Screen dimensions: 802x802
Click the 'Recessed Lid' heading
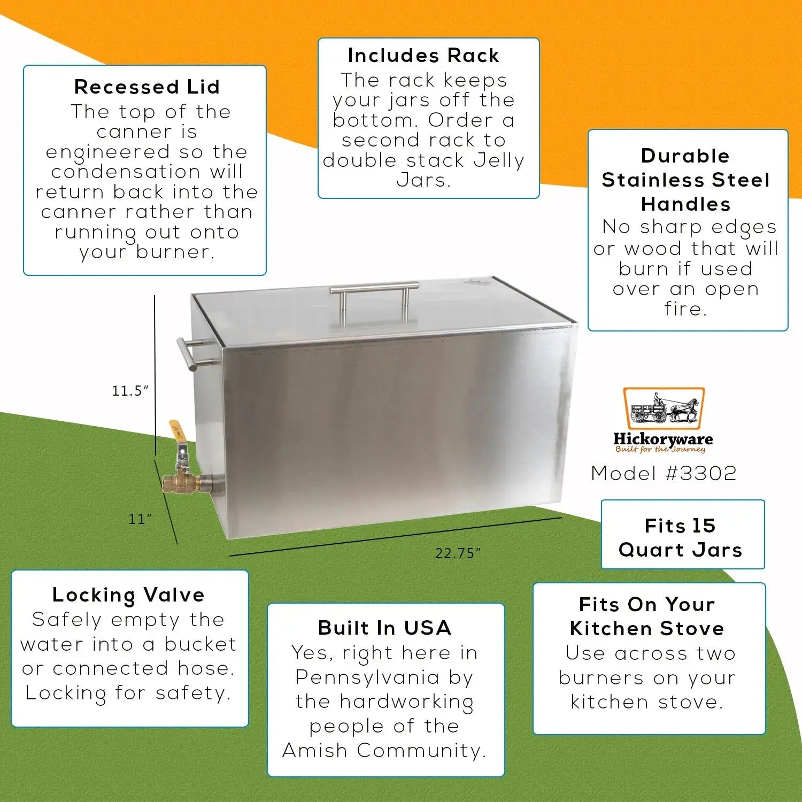coord(147,87)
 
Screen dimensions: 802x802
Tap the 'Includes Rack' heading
coord(423,56)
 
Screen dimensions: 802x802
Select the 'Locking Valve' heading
coord(128,595)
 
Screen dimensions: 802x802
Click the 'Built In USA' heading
coord(385,628)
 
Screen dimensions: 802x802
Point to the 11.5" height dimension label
coord(130,391)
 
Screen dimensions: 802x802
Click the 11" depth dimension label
coord(140,519)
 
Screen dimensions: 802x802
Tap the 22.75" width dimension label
coord(458,553)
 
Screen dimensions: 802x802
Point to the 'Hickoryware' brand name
coord(663,439)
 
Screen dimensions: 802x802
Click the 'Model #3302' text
coord(664,473)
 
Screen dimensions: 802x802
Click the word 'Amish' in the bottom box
coord(315,751)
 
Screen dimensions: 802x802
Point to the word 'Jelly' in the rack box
coord(495,161)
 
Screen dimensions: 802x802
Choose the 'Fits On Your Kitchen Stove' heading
coord(647,616)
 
